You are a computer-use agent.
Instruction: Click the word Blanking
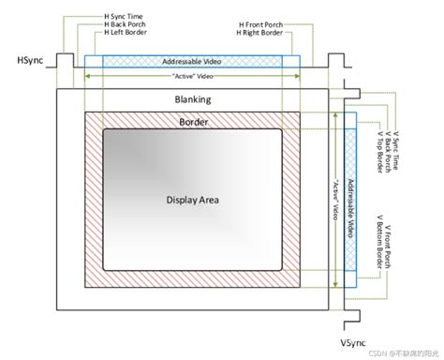(193, 98)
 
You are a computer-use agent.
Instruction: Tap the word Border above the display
(193, 121)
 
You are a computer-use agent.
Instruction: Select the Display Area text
(193, 199)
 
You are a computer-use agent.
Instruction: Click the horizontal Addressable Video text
(192, 60)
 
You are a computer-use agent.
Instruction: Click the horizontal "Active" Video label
(192, 75)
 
